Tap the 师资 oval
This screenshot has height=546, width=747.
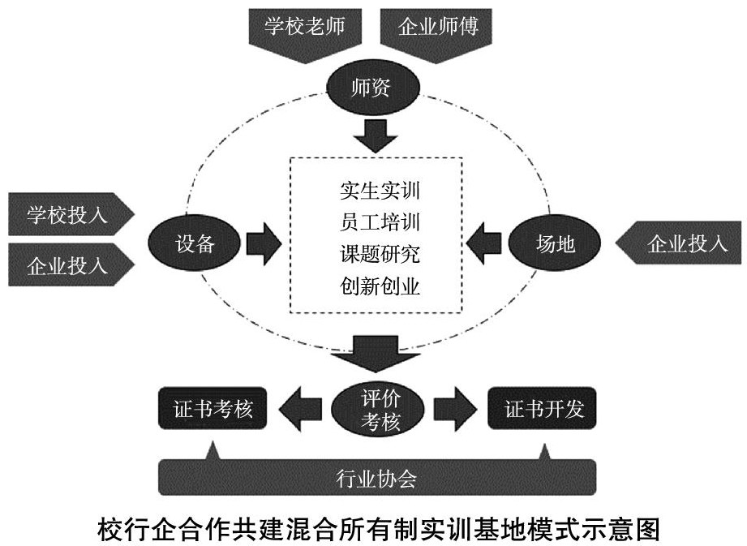tap(372, 88)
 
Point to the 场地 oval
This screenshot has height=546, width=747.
tap(555, 243)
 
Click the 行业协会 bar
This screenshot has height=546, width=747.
tap(376, 478)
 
